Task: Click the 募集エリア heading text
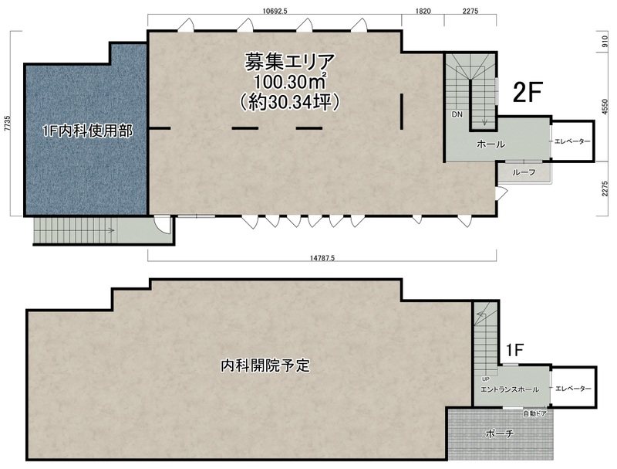click(x=290, y=62)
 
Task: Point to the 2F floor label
click(x=528, y=92)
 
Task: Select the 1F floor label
click(x=514, y=349)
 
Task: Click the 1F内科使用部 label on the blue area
click(x=87, y=131)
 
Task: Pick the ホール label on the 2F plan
click(x=491, y=144)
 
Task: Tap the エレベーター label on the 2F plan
click(x=572, y=141)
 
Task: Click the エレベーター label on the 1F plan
click(x=573, y=389)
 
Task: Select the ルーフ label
click(x=524, y=172)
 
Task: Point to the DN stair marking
click(x=457, y=114)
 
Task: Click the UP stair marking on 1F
click(x=486, y=379)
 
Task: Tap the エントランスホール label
click(x=510, y=389)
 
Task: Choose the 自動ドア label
click(x=534, y=414)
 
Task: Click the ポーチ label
click(x=499, y=434)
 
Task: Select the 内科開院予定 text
click(x=265, y=365)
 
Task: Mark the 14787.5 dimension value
click(x=322, y=258)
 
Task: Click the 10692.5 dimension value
click(x=275, y=11)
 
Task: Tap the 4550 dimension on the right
click(x=605, y=107)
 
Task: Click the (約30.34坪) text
click(x=290, y=102)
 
